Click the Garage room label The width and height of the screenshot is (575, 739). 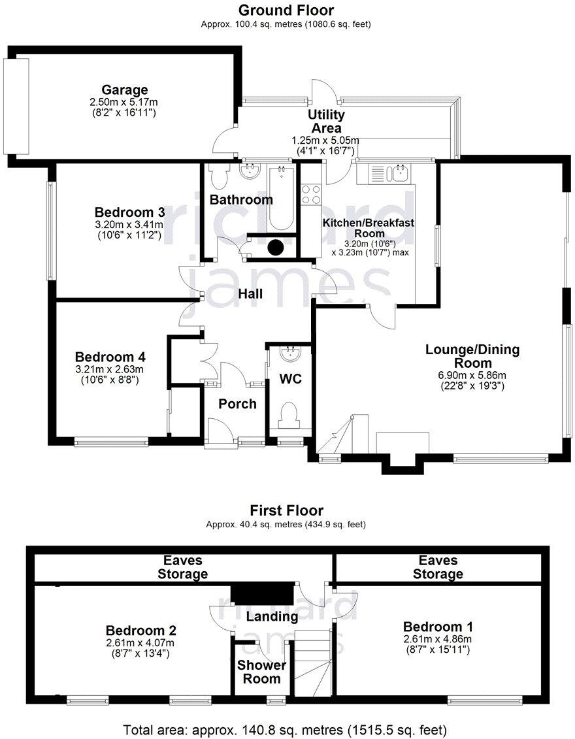[124, 90]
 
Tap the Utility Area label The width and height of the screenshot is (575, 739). [326, 122]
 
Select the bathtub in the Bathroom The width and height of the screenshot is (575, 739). [282, 198]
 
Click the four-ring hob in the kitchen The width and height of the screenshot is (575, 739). [311, 195]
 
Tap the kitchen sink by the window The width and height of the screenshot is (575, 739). [397, 172]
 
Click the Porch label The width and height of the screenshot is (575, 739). [237, 404]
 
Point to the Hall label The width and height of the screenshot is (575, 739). [250, 294]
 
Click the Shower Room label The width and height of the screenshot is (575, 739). [261, 672]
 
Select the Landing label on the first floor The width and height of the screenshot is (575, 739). [272, 616]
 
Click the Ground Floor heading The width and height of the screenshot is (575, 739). [286, 10]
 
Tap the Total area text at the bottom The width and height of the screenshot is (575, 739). [286, 729]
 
